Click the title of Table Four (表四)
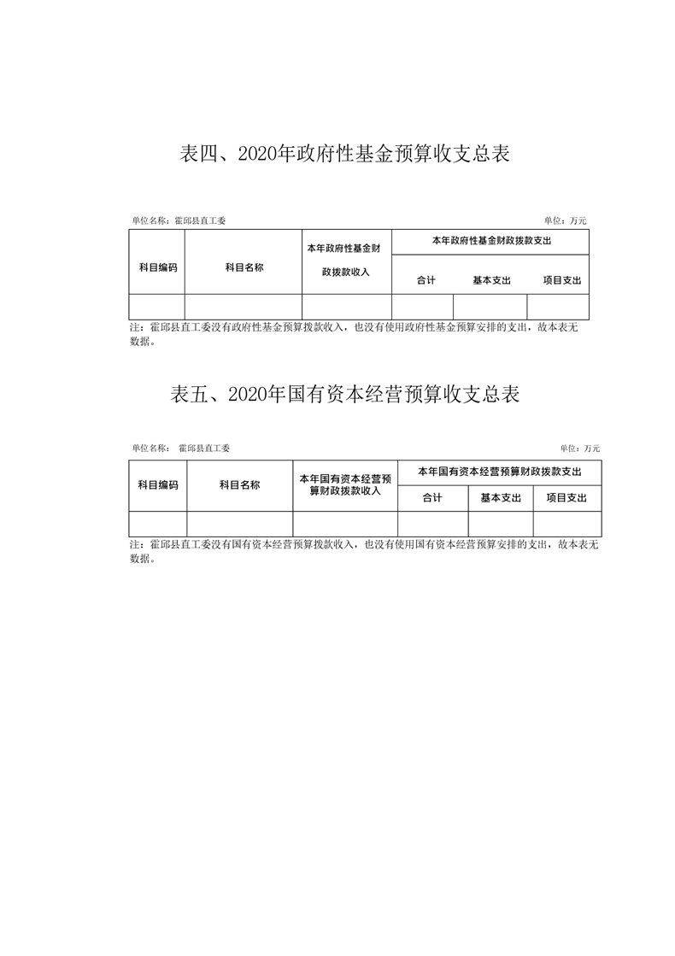tap(344, 154)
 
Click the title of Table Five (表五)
tap(344, 395)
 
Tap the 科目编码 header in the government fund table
tap(158, 267)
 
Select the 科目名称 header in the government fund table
tap(244, 267)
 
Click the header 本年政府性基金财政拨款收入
tap(346, 261)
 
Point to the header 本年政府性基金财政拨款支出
tap(491, 241)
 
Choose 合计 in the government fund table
tap(426, 280)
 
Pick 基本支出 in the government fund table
tap(491, 280)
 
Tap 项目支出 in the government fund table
tap(562, 280)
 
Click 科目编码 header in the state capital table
tap(158, 485)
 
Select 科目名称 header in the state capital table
tap(239, 485)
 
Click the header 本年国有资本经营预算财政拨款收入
tap(345, 485)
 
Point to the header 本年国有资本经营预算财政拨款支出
tap(499, 472)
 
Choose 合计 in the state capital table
tap(432, 498)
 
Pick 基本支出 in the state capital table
tap(501, 498)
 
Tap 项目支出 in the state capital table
tap(566, 498)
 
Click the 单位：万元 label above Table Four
tap(566, 221)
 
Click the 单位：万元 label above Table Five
tap(580, 449)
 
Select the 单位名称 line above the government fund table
tap(179, 221)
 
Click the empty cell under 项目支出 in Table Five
tap(567, 525)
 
